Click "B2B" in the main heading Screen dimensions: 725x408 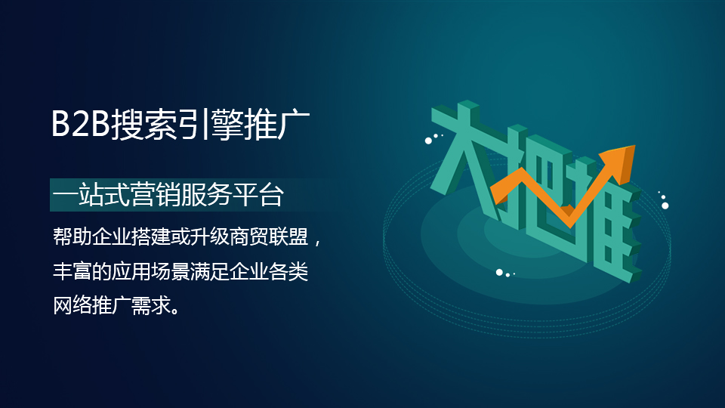81,123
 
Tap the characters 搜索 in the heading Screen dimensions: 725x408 143,124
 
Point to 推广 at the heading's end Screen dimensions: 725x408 276,124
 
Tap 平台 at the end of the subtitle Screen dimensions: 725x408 258,195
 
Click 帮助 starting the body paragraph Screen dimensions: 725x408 72,236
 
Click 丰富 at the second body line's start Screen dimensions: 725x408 72,271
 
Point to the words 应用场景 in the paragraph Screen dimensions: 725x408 150,271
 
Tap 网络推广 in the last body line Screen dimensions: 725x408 91,305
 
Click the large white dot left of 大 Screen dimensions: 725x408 429,141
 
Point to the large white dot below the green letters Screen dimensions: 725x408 499,273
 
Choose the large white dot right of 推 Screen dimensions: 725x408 665,206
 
